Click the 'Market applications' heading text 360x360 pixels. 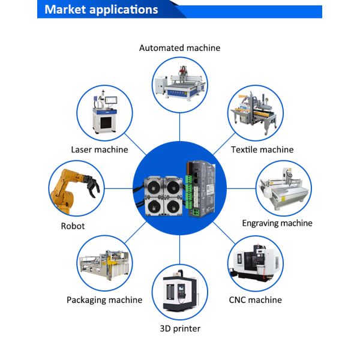click(101, 10)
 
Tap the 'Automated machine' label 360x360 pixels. click(180, 48)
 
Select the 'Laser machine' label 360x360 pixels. click(100, 149)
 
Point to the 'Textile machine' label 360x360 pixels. click(262, 149)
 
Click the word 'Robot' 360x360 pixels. click(73, 226)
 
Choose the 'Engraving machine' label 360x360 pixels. click(277, 223)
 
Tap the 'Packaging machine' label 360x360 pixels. click(104, 300)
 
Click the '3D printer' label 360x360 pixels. click(180, 329)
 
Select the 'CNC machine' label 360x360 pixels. click(256, 300)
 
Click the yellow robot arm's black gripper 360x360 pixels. click(92, 185)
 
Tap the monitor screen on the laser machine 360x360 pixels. click(111, 100)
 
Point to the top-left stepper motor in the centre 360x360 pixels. click(154, 187)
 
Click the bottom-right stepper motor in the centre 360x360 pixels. click(173, 206)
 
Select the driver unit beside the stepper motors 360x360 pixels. click(200, 189)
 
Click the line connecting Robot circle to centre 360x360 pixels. click(118, 189)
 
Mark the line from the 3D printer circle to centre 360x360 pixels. click(180, 250)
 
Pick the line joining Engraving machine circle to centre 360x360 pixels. click(241, 189)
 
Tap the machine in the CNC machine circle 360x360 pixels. click(256, 263)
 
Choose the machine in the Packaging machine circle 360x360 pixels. click(104, 265)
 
